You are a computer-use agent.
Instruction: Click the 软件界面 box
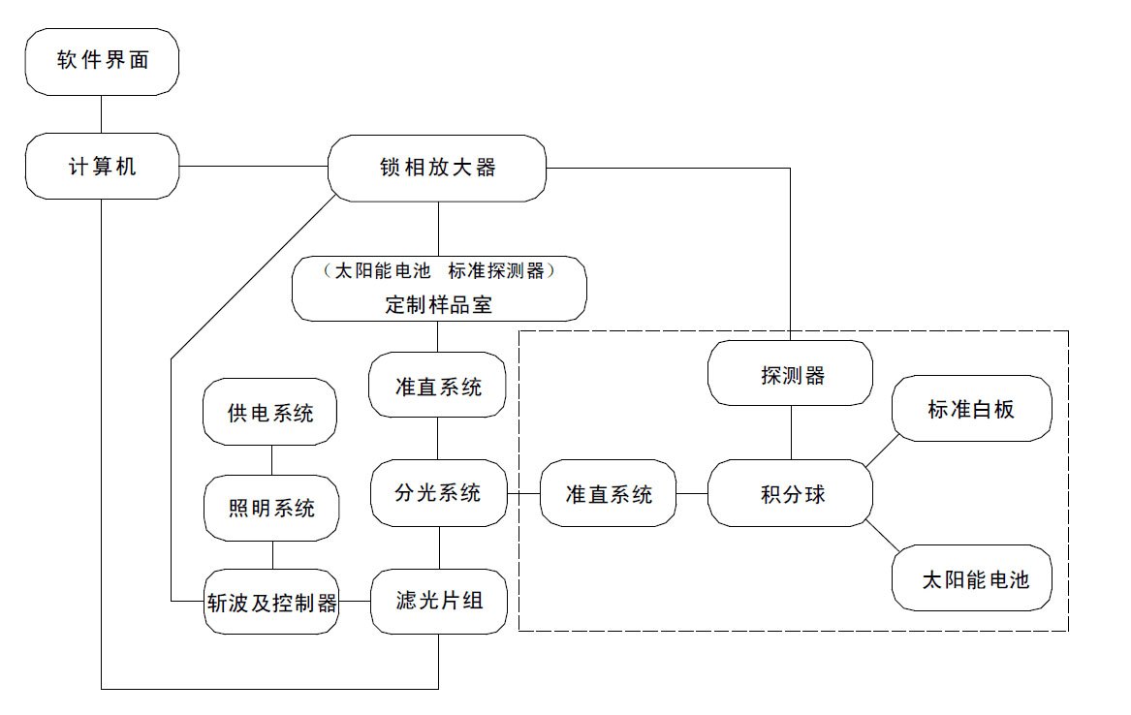102,61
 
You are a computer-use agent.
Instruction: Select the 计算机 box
102,167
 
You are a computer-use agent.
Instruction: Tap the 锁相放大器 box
437,168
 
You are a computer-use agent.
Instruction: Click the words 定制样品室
438,304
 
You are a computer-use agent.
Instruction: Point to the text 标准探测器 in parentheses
501,271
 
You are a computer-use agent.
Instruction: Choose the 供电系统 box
271,413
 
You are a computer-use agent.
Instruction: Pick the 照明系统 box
271,507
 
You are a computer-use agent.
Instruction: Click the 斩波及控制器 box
271,603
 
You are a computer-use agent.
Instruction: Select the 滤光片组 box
439,601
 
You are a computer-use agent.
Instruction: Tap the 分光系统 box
438,493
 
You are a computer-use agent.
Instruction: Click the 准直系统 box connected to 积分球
609,494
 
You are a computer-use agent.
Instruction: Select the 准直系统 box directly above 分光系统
438,387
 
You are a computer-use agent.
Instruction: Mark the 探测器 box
792,375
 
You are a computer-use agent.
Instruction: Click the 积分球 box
792,494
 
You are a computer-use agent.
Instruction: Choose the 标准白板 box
971,409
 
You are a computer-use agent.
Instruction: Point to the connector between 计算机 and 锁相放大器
253,167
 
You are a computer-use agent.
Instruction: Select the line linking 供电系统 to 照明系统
271,460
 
